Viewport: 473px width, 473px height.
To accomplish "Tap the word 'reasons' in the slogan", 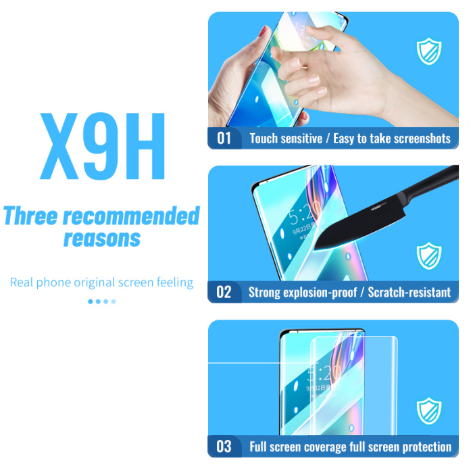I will pos(102,238).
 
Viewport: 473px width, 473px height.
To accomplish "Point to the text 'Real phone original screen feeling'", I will pos(101,282).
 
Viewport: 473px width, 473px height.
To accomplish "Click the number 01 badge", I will pos(224,139).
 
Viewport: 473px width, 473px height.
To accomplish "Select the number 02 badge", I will pos(224,293).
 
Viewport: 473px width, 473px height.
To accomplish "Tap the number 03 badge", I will pos(224,447).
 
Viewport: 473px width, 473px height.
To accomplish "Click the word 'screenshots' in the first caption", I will pos(416,139).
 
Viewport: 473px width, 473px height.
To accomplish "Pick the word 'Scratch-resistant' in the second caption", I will pos(409,293).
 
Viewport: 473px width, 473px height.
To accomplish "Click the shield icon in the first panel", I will pos(428,52).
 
